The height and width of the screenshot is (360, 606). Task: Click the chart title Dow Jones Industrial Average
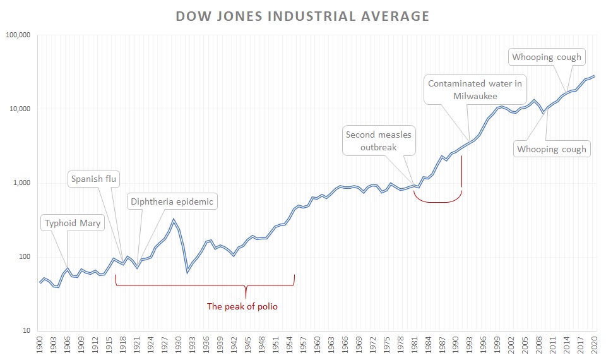coord(302,16)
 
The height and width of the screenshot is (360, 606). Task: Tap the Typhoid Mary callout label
coord(73,223)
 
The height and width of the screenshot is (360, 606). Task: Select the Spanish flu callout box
coord(95,179)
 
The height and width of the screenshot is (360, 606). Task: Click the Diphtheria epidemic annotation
coord(172,202)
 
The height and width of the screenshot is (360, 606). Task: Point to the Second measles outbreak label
coord(379,141)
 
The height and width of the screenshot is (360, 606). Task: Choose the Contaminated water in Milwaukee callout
coord(475,90)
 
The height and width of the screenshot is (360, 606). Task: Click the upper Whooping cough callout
coord(546,57)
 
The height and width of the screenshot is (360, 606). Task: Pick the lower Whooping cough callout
coord(551,150)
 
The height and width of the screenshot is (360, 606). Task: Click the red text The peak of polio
coord(242,307)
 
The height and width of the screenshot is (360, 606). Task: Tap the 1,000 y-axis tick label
coord(21,183)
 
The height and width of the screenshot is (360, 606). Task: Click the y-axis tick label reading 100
coord(24,257)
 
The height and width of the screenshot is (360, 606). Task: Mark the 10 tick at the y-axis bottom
coord(26,331)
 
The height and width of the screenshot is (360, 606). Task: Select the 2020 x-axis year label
coord(594,345)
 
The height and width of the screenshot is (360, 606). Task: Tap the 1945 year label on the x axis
coord(248,345)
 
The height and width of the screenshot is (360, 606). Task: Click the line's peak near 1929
coord(174,219)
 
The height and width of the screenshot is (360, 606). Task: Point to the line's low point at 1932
coord(187,272)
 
